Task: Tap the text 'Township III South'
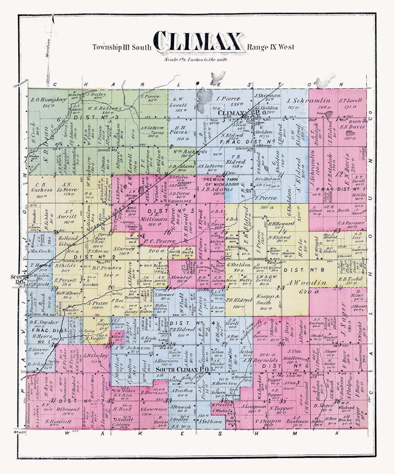(x=121, y=47)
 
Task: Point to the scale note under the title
(x=195, y=60)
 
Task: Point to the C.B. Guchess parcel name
(x=42, y=187)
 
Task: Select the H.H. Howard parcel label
(x=281, y=223)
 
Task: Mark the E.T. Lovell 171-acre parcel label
(x=350, y=101)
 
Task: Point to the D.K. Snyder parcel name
(x=44, y=322)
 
